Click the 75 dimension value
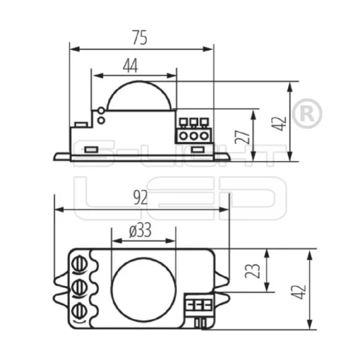(140, 37)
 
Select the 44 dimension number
(131, 65)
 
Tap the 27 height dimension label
(243, 137)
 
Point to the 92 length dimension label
(140, 198)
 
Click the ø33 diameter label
(140, 231)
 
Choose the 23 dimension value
(253, 271)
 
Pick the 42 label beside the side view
(279, 124)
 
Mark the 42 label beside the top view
(299, 292)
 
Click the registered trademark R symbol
(307, 113)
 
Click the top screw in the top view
(79, 264)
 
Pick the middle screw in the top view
(79, 287)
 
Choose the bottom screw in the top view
(79, 311)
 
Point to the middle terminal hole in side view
(193, 136)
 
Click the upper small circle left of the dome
(101, 111)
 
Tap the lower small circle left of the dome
(101, 120)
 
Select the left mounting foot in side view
(62, 157)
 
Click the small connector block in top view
(199, 305)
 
